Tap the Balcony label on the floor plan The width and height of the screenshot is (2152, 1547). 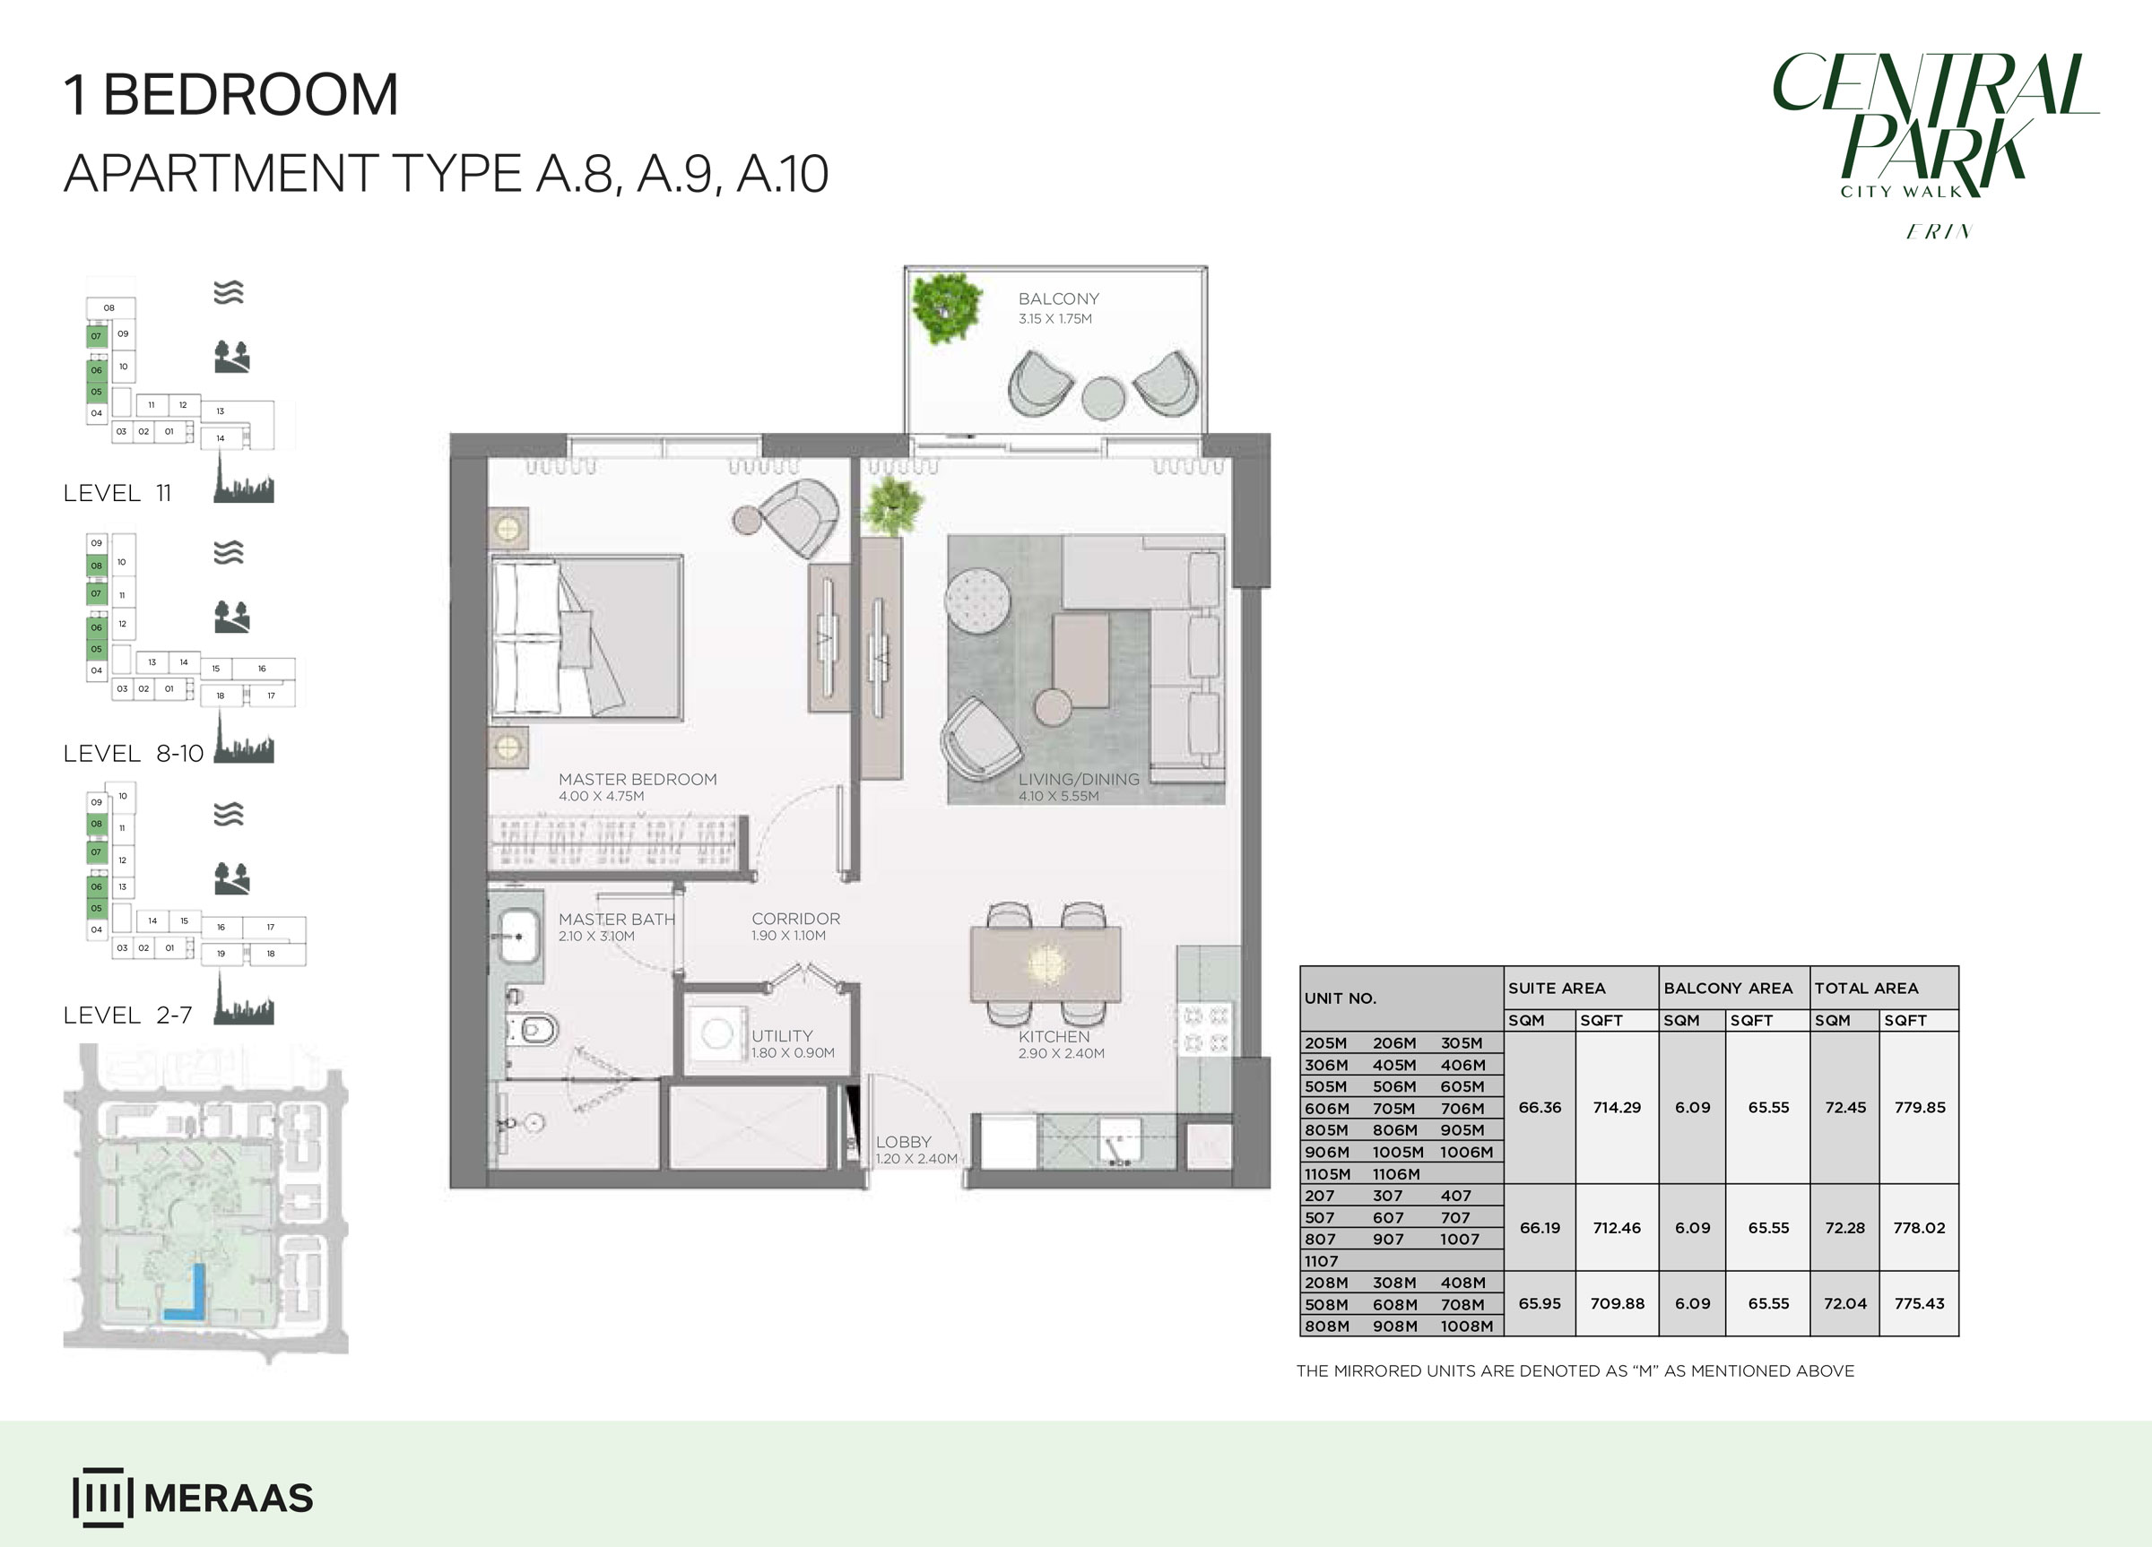1059,298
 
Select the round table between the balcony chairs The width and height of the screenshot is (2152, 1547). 1103,397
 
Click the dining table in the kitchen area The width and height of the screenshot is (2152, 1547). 1045,964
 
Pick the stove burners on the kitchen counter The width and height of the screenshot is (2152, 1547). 1205,1030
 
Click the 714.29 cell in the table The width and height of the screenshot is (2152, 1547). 1617,1107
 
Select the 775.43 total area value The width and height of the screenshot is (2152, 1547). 1920,1303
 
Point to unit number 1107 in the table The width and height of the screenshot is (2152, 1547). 1321,1261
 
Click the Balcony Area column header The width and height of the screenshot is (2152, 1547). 1728,989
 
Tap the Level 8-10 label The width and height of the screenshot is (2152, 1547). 133,753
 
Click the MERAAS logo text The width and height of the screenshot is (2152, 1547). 228,1499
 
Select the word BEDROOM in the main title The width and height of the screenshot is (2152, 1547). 250,95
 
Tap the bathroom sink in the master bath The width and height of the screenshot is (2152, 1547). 518,935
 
